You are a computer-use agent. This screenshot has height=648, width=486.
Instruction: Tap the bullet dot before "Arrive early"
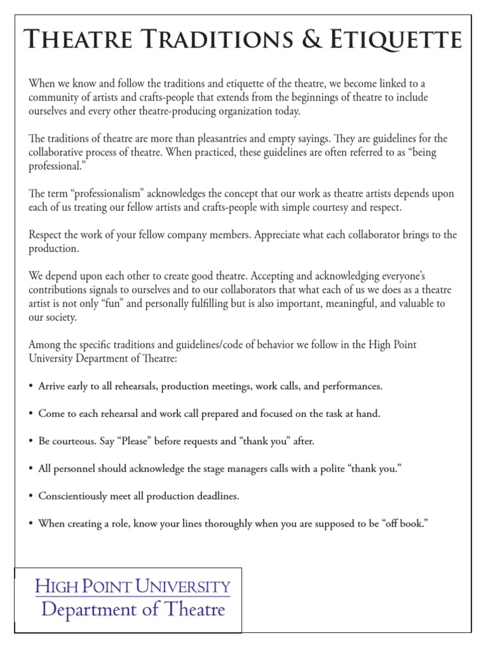pyautogui.click(x=31, y=386)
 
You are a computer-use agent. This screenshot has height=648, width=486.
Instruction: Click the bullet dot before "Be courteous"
pyautogui.click(x=31, y=441)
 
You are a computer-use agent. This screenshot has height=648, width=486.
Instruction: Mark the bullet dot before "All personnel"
pyautogui.click(x=31, y=469)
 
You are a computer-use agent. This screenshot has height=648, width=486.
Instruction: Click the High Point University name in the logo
pyautogui.click(x=132, y=586)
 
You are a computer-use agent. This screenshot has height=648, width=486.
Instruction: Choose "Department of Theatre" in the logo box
pyautogui.click(x=132, y=610)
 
